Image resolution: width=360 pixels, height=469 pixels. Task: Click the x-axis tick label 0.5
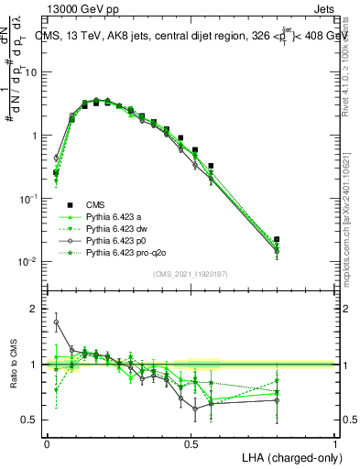[x=191, y=443]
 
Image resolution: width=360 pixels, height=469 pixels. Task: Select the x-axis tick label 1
[x=335, y=443]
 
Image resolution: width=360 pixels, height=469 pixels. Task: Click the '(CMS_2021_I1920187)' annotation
[x=191, y=274]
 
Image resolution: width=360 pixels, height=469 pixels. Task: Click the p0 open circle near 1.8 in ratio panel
[x=56, y=322]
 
